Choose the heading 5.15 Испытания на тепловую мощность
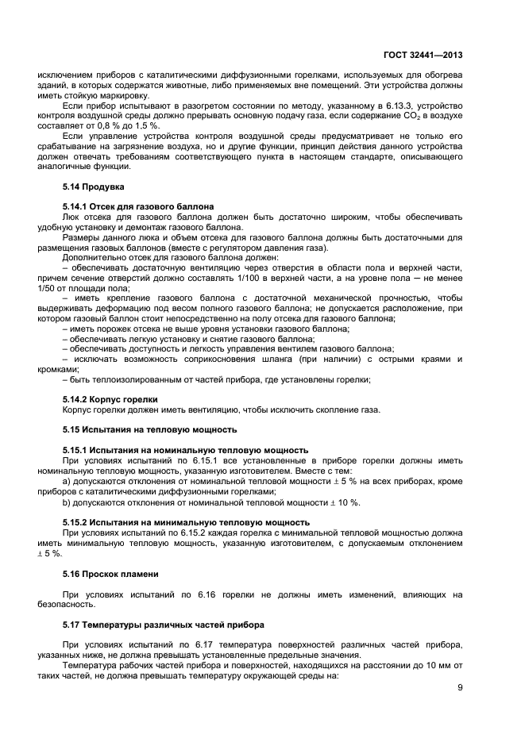point(149,429)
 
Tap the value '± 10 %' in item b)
point(345,502)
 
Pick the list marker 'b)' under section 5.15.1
point(67,502)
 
